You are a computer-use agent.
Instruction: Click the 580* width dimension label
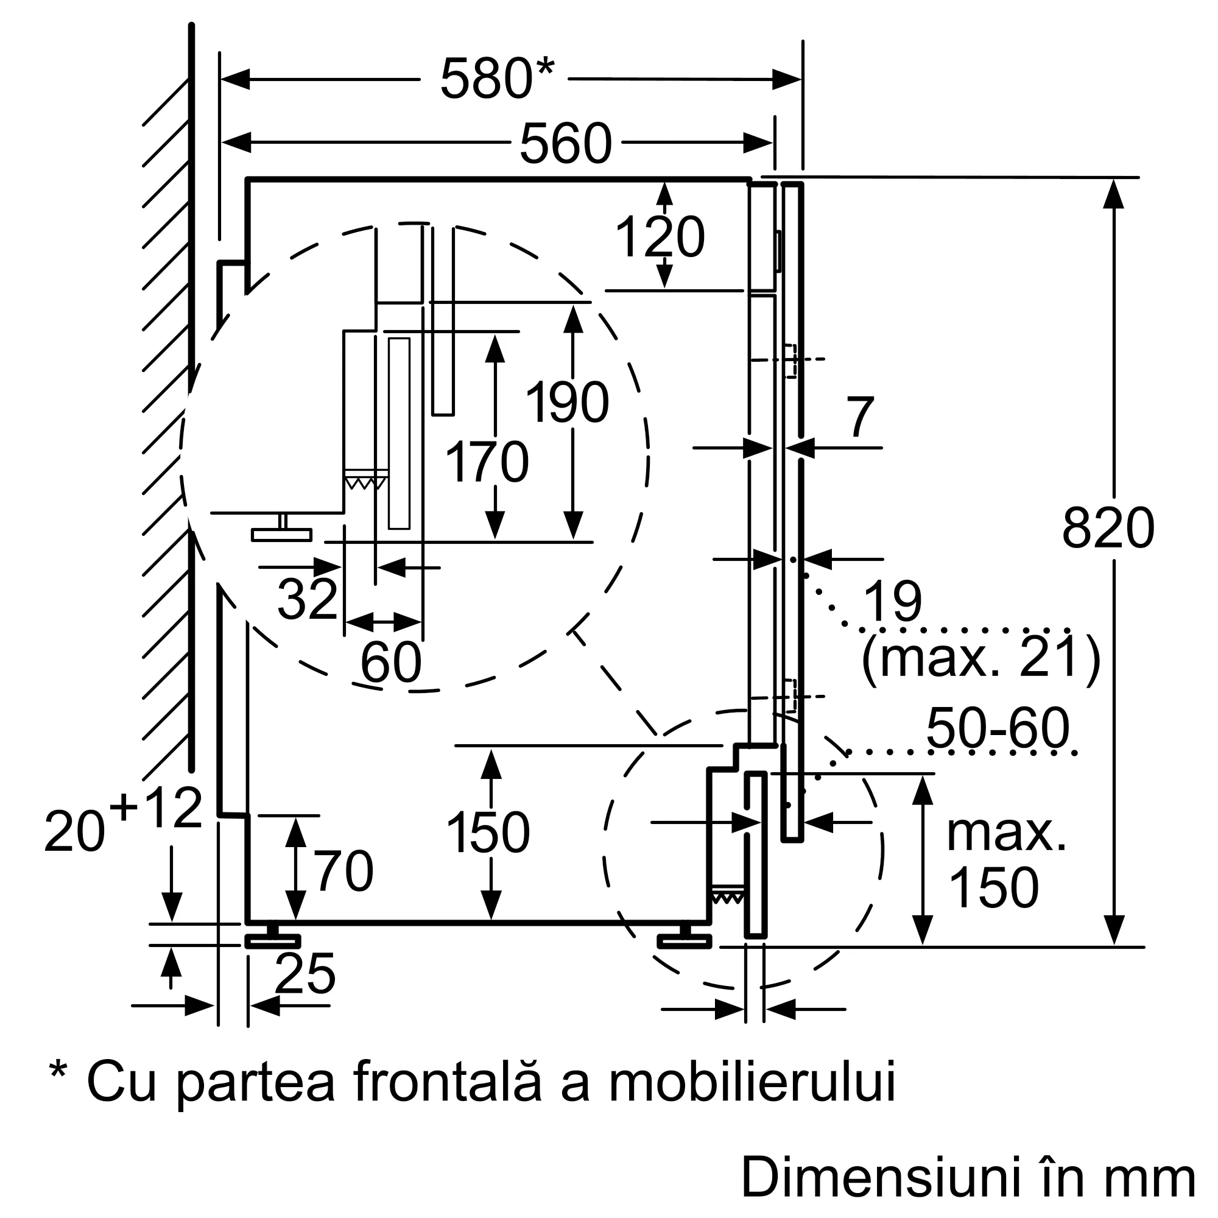coord(497,79)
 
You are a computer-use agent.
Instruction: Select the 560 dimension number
coord(566,143)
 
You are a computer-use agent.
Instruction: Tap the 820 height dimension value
coord(1108,528)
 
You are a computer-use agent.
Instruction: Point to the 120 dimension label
coord(660,237)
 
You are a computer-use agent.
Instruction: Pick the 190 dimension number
coord(567,402)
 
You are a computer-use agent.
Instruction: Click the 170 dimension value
coord(487,462)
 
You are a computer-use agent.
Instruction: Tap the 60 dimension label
coord(391,662)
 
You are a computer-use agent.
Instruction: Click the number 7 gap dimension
coord(861,417)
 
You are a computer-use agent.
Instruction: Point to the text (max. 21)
coord(981,658)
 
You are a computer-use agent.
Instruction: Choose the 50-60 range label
coord(998,728)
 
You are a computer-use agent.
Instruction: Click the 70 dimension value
coord(343,871)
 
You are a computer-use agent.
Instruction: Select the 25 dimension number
coord(305,973)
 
